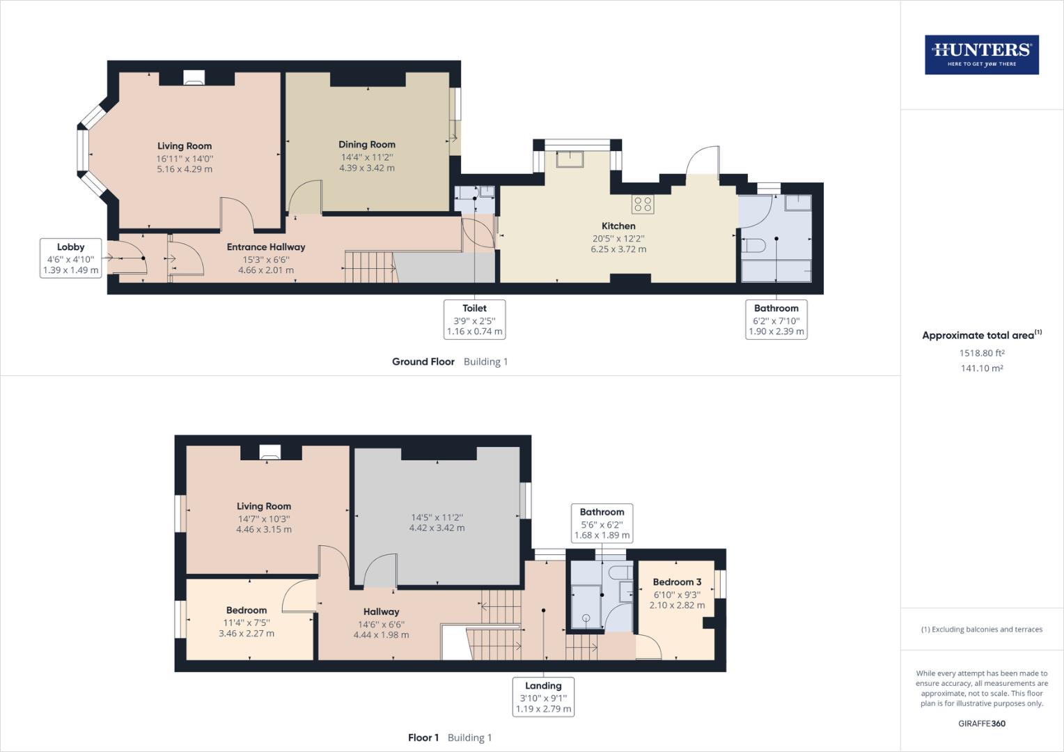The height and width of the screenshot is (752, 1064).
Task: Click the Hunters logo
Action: (981, 55)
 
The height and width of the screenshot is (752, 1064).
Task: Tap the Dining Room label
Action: (367, 145)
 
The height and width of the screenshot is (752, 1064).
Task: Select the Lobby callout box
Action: (71, 258)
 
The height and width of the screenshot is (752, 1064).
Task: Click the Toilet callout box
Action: (474, 320)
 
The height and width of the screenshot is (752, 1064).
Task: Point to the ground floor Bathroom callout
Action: (776, 320)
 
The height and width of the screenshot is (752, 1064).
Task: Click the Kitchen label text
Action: (618, 226)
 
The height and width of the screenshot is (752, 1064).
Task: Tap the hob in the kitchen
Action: (643, 204)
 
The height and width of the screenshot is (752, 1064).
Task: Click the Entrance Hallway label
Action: (266, 247)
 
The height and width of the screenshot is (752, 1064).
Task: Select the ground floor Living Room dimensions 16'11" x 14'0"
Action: (185, 159)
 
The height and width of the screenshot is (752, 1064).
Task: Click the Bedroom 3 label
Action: (677, 582)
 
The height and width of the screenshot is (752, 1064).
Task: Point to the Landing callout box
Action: (543, 697)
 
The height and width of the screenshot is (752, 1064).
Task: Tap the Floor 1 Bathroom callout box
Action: (602, 524)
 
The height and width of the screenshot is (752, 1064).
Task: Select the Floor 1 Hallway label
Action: (381, 612)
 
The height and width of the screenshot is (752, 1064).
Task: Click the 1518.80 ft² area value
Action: (982, 353)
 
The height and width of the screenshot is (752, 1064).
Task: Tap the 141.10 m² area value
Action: (982, 368)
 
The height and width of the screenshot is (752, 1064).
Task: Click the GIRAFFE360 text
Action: (982, 723)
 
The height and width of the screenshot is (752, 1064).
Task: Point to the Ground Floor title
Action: (423, 362)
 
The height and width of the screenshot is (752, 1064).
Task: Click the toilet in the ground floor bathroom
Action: (754, 244)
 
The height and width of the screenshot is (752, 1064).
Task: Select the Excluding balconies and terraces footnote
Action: (982, 629)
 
